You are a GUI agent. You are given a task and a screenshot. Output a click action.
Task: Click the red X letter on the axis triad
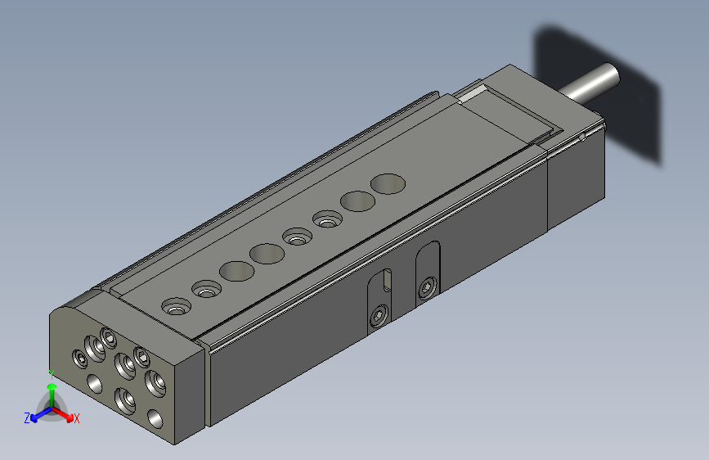coord(77,419)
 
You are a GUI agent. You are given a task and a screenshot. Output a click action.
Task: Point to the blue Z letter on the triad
coord(27,418)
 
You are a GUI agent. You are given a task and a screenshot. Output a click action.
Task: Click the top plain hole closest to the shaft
coord(388,184)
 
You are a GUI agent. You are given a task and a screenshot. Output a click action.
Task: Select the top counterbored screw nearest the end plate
coord(176,307)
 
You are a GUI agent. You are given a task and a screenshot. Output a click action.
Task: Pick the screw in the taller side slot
coord(427,287)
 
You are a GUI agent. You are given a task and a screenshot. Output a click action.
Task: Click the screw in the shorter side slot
coord(378,317)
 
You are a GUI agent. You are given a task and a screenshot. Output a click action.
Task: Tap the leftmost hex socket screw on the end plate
coord(79,358)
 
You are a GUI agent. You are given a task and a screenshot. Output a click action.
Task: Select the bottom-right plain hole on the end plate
coord(155,419)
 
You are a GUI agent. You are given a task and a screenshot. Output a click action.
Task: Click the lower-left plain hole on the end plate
coord(95,381)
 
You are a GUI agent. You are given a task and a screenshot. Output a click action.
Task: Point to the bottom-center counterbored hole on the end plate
coord(125,399)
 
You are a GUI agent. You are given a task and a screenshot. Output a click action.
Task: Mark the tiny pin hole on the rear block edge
coord(581,138)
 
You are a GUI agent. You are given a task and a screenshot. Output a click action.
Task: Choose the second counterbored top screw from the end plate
coord(208,290)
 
